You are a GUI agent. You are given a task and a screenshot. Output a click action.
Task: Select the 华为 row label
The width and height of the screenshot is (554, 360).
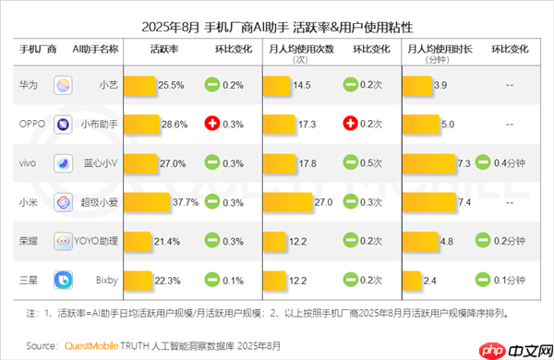click(29, 85)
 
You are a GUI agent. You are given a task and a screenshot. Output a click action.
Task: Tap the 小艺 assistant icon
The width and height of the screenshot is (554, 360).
click(64, 86)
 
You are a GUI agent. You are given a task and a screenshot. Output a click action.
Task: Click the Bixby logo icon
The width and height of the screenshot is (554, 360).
click(64, 279)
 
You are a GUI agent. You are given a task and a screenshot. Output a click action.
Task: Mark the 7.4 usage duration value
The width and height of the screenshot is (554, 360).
click(464, 201)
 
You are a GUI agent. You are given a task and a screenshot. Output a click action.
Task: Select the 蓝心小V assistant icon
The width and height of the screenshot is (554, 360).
click(64, 163)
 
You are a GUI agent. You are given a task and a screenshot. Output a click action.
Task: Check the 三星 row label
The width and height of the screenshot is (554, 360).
click(29, 279)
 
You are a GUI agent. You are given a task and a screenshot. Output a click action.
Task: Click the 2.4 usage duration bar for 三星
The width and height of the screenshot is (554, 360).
click(414, 279)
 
